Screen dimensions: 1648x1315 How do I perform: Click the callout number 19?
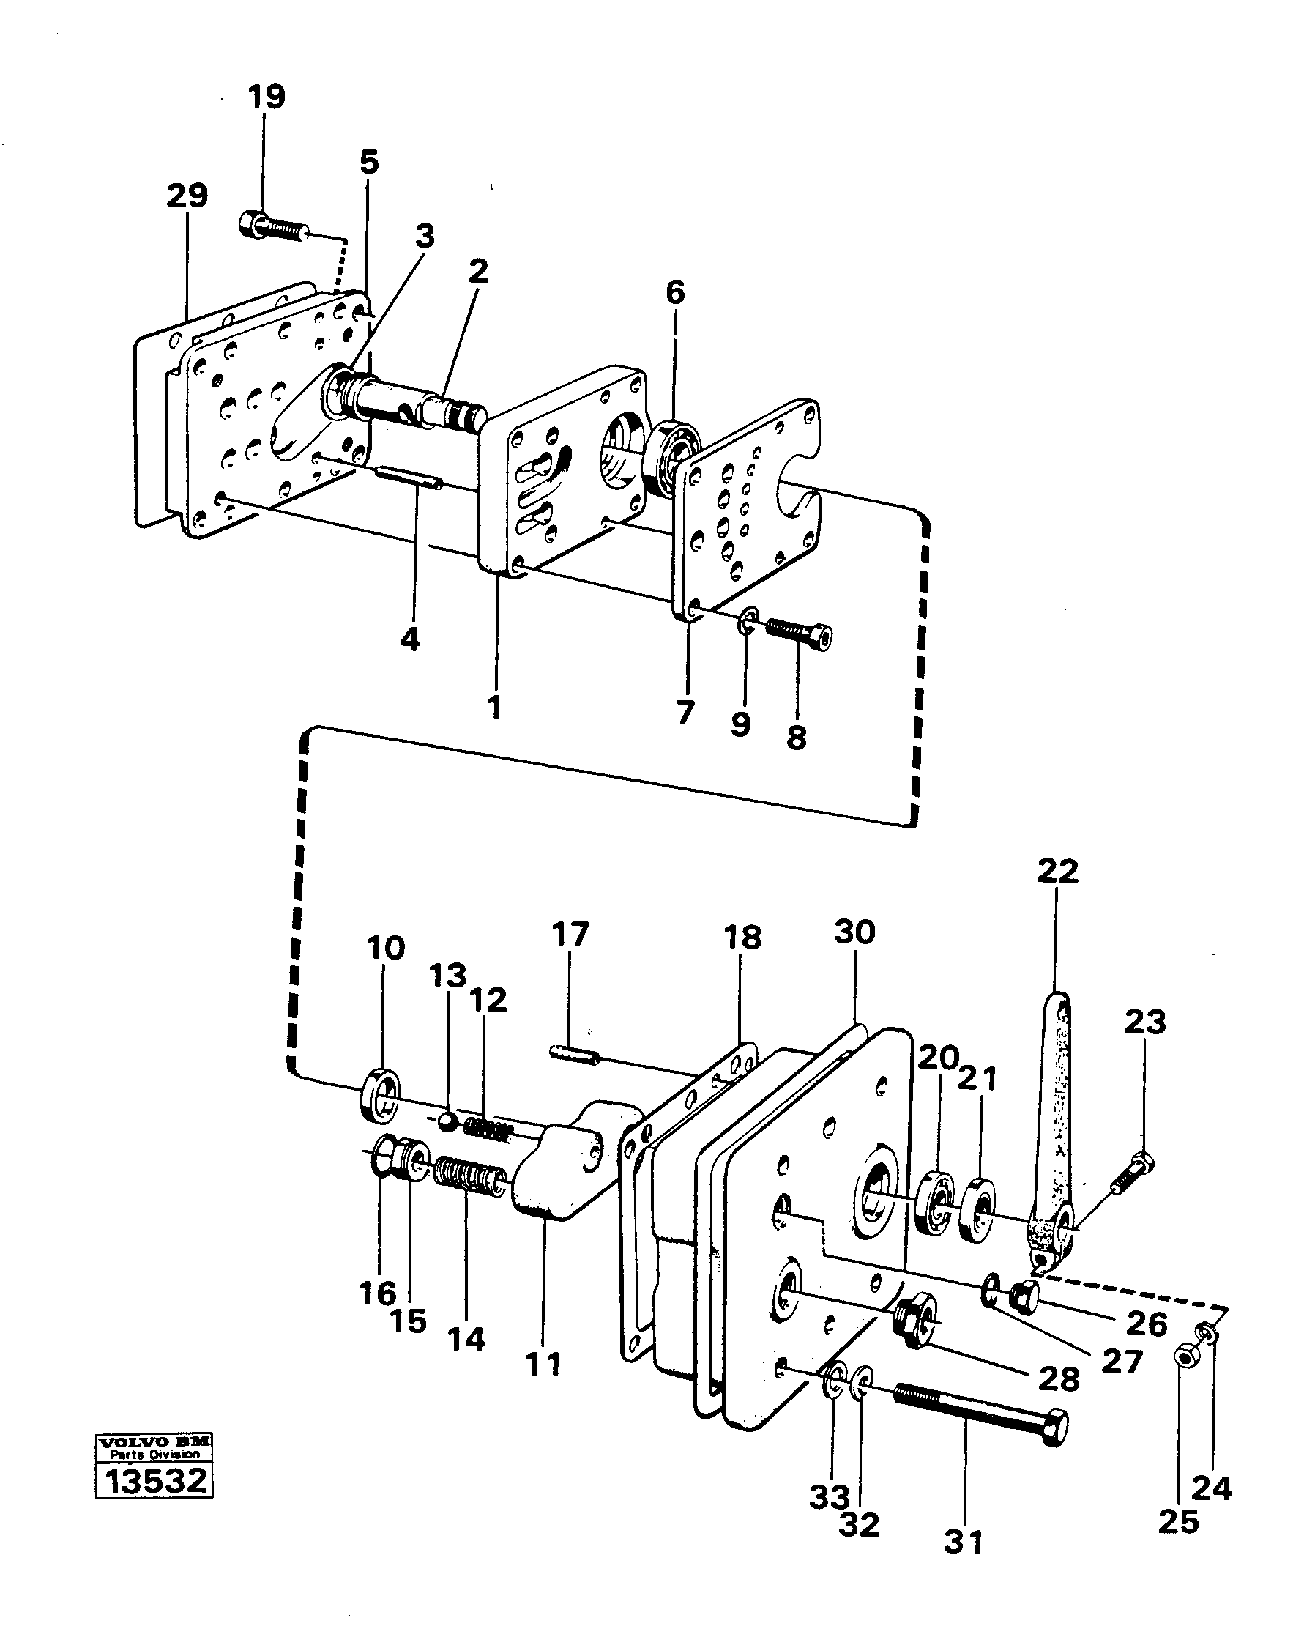point(267,97)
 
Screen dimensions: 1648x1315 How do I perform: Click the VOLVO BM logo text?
point(154,1440)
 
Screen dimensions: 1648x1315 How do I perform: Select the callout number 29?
point(187,196)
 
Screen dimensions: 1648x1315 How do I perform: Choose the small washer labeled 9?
point(748,620)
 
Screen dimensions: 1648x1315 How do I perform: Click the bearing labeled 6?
point(672,459)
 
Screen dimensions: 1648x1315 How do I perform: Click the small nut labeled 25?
point(1185,1358)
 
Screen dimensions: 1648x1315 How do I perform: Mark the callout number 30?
point(854,932)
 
